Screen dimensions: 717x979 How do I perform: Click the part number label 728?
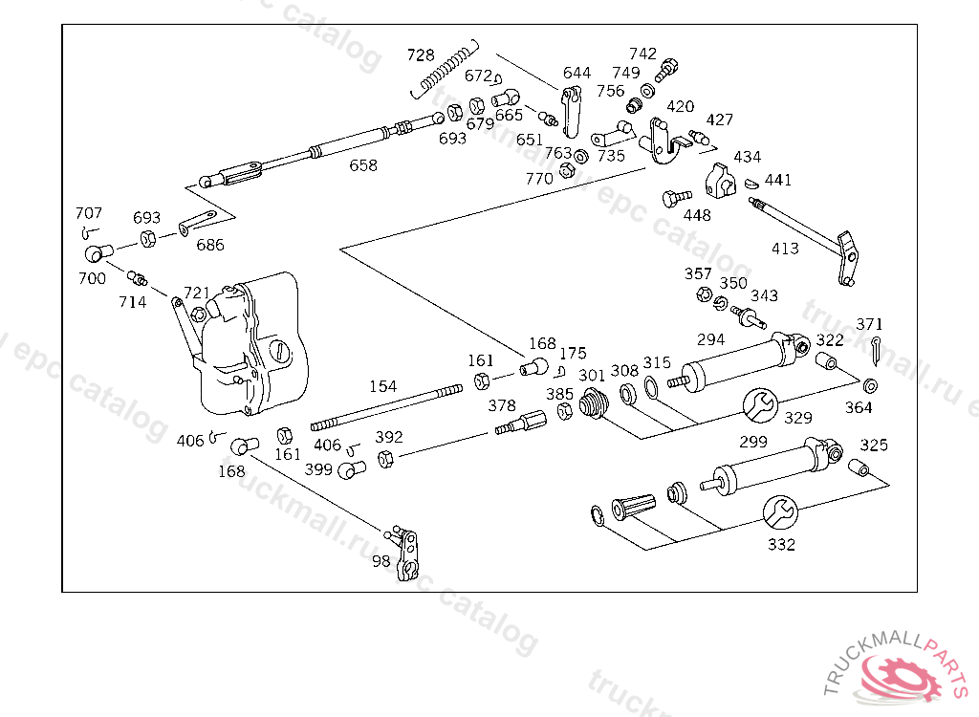[x=421, y=54]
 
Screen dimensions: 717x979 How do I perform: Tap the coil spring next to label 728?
[x=446, y=68]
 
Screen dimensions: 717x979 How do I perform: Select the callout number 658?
[x=363, y=165]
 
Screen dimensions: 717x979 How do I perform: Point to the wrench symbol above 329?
[x=761, y=404]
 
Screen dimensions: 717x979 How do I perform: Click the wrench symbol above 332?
[x=780, y=511]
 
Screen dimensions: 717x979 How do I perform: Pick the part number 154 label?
[x=382, y=386]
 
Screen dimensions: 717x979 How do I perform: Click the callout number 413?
[x=786, y=249]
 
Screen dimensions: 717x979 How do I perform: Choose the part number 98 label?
[x=381, y=561]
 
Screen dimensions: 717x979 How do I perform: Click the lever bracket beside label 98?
[x=409, y=551]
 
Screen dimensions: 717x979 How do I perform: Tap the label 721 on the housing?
[x=196, y=292]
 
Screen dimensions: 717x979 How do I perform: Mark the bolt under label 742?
[x=666, y=70]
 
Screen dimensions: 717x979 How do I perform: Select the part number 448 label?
[x=697, y=215]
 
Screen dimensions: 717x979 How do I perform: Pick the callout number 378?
[x=502, y=405]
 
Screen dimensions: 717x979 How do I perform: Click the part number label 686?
[x=210, y=245]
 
